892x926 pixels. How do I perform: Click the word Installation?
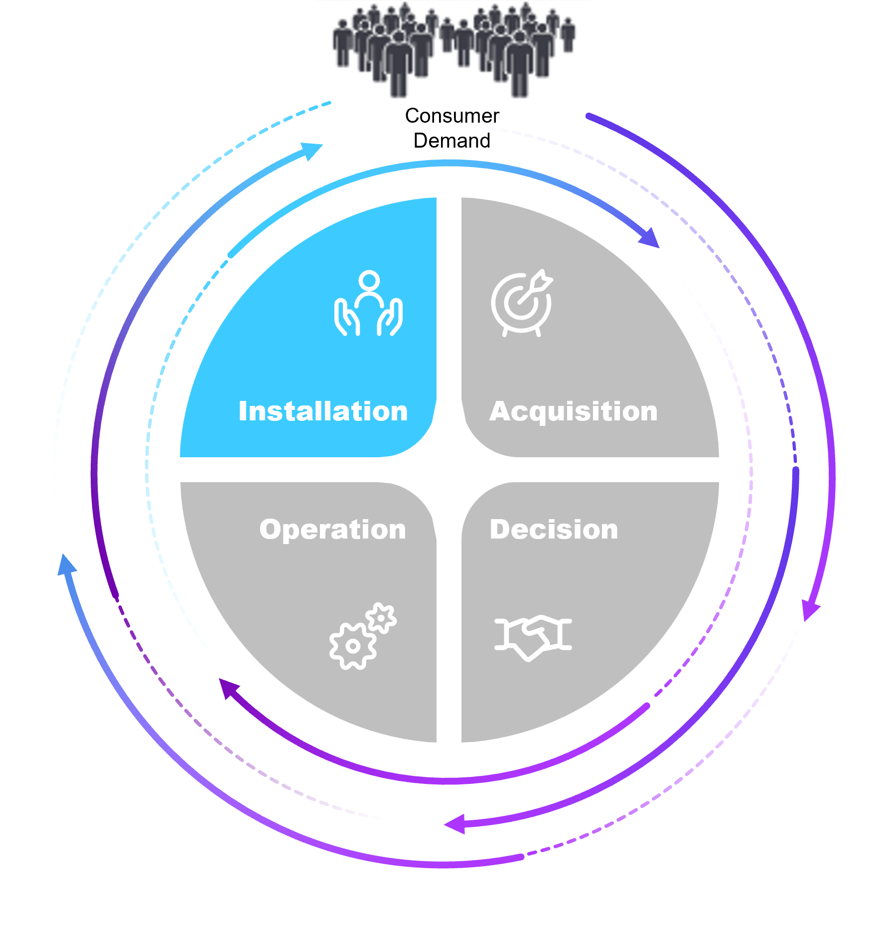pyautogui.click(x=323, y=411)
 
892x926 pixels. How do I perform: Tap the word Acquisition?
pyautogui.click(x=573, y=412)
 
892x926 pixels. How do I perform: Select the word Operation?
pyautogui.click(x=332, y=529)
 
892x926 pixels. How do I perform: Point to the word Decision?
pyautogui.click(x=554, y=529)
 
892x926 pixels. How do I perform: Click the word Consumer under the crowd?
pyautogui.click(x=452, y=116)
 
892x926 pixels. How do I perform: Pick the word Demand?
pyautogui.click(x=452, y=141)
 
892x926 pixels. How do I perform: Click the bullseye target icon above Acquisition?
pyautogui.click(x=521, y=303)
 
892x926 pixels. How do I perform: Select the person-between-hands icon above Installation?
pyautogui.click(x=368, y=304)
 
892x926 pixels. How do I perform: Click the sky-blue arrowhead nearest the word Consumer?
pyautogui.click(x=312, y=151)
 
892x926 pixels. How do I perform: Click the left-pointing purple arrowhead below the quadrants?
pyautogui.click(x=454, y=823)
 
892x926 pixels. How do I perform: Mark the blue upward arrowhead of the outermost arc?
pyautogui.click(x=66, y=565)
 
